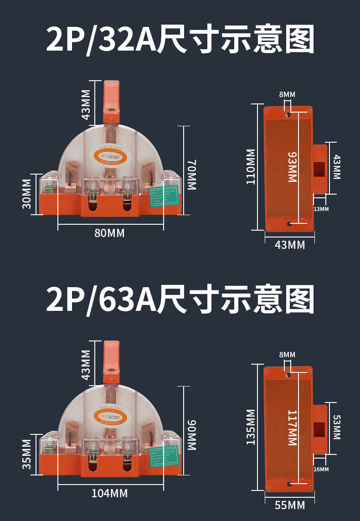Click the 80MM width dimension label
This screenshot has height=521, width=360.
[109, 233]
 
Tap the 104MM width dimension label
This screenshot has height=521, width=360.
[109, 493]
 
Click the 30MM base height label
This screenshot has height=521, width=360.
[27, 194]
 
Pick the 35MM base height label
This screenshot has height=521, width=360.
[27, 454]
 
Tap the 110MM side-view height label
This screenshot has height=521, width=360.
[251, 166]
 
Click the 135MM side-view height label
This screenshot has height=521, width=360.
[251, 427]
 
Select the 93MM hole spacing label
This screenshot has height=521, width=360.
[292, 167]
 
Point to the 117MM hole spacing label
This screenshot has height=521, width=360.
[292, 428]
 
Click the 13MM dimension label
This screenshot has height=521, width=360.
[321, 209]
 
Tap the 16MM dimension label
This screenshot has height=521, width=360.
[321, 469]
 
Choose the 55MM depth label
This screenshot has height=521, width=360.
[290, 505]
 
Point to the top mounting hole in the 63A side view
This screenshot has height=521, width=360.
[288, 375]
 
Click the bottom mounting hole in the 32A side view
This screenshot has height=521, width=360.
[289, 224]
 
